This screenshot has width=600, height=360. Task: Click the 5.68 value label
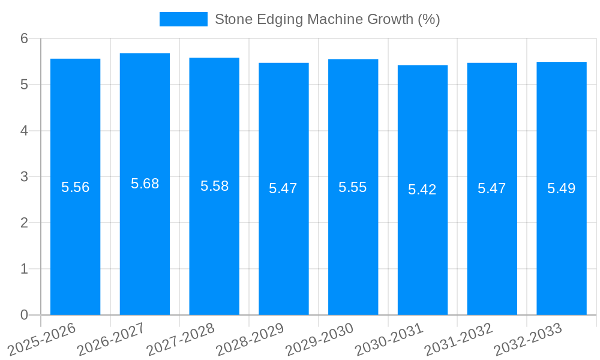click(x=145, y=184)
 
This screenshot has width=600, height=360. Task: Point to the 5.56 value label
click(x=75, y=187)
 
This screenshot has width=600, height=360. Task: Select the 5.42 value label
click(x=422, y=190)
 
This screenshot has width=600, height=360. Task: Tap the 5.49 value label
click(x=562, y=188)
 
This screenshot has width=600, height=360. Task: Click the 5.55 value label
click(x=353, y=187)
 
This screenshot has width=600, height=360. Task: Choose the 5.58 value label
click(x=214, y=186)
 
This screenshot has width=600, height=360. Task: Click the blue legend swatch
click(x=183, y=19)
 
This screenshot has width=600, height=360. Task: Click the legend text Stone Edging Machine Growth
click(x=327, y=19)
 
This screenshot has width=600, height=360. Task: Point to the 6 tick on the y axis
click(x=25, y=38)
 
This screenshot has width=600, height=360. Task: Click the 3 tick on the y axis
click(x=25, y=177)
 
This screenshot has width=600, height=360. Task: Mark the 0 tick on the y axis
click(x=25, y=315)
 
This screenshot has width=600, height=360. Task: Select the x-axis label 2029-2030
click(x=320, y=339)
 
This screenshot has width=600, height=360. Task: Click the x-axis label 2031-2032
click(x=459, y=339)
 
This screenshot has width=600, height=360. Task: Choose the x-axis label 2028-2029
click(x=250, y=339)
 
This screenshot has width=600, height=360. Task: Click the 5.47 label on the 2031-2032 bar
click(x=492, y=188)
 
